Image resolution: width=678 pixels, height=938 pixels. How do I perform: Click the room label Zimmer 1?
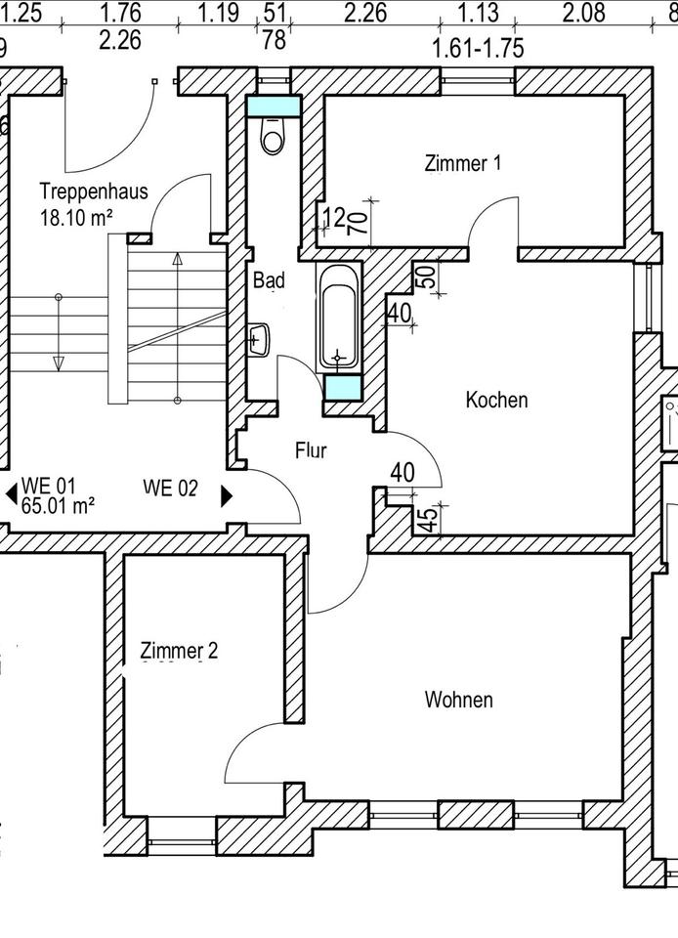pos(463,163)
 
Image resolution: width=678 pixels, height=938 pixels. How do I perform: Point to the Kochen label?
pos(496,400)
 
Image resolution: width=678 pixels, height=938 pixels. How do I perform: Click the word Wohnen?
pos(458,700)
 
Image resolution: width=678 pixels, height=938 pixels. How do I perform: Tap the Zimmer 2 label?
pos(179,651)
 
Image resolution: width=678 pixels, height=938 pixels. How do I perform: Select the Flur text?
pos(311,450)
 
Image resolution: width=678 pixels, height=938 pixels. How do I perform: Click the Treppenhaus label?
pos(94,191)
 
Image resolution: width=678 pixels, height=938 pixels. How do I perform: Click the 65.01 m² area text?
pos(59,505)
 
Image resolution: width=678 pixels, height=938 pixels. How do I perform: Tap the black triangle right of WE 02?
pos(227,495)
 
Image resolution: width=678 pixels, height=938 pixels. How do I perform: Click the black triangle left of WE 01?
pos(11,495)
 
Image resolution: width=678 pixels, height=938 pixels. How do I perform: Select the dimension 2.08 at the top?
pos(584,13)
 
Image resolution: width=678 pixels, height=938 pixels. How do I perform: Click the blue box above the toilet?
pos(273,105)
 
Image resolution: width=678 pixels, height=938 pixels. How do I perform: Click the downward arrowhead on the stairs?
pos(59,363)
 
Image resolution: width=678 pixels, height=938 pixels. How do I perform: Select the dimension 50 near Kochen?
pos(426,276)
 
